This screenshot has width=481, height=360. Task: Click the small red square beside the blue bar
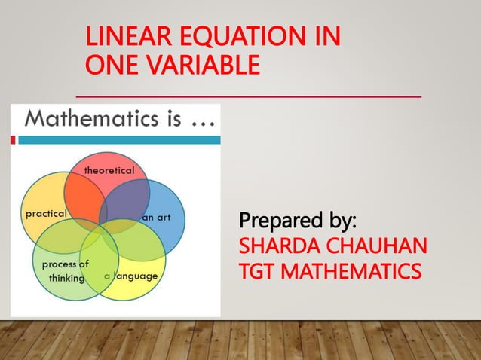pyautogui.click(x=14, y=139)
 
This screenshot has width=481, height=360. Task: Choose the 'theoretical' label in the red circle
pyautogui.click(x=109, y=170)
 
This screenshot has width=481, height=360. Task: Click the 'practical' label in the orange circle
pyautogui.click(x=46, y=214)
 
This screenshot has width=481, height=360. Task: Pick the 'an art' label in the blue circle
pyautogui.click(x=157, y=217)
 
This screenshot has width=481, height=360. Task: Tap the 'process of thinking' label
pyautogui.click(x=66, y=270)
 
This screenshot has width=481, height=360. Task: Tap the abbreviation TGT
pyautogui.click(x=254, y=269)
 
